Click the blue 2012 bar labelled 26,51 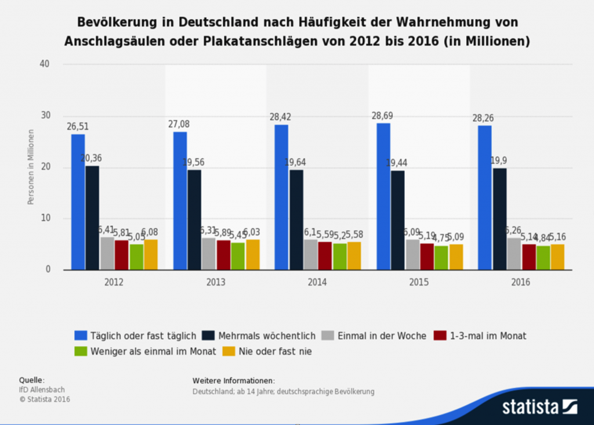pyautogui.click(x=78, y=202)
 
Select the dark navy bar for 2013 pyautogui.click(x=194, y=219)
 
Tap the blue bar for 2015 pyautogui.click(x=383, y=196)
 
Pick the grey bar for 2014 pyautogui.click(x=311, y=255)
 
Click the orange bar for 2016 pyautogui.click(x=557, y=257)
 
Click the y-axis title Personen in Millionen pyautogui.click(x=30, y=167)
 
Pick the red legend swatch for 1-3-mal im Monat pyautogui.click(x=440, y=336)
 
